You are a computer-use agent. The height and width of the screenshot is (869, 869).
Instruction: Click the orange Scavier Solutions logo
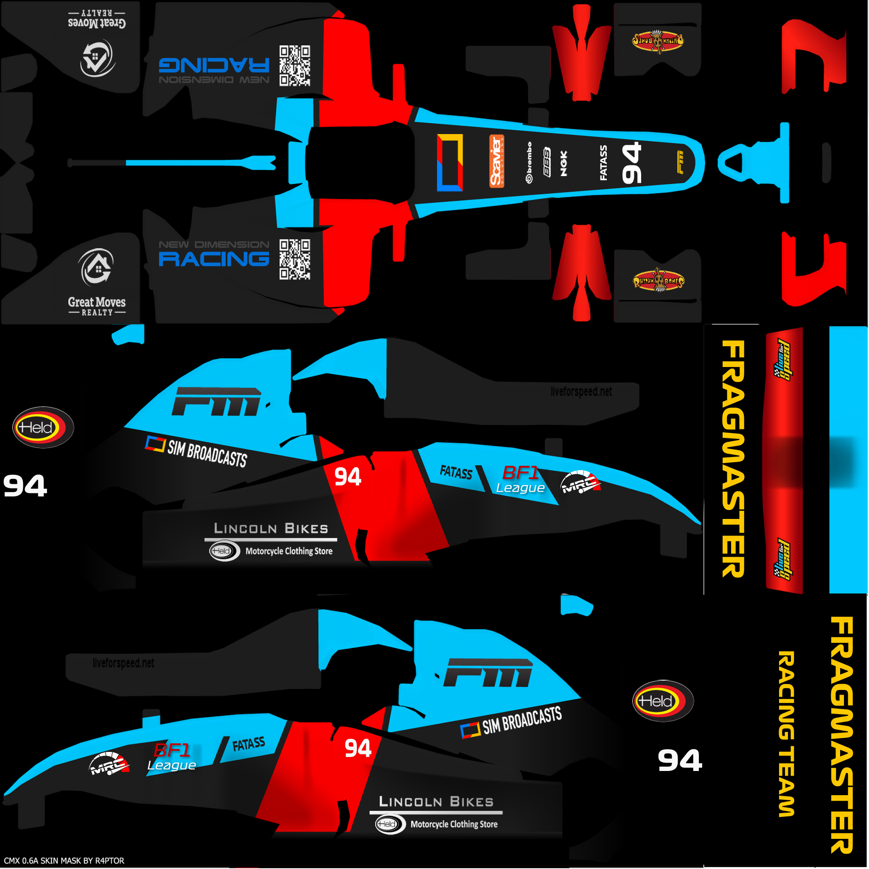pos(496,161)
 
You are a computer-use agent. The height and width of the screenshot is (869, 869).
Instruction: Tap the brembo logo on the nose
pos(530,163)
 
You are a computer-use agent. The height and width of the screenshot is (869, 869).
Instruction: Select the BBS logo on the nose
pos(547,162)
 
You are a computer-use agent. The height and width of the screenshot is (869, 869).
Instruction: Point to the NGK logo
pos(563,163)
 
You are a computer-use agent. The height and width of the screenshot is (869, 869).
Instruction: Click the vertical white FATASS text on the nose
pos(604,163)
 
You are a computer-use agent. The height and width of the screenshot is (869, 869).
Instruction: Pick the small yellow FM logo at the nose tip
pos(680,163)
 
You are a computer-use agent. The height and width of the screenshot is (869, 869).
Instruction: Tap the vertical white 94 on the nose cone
pos(631,163)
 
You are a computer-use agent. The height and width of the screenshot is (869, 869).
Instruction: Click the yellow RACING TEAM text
pos(786,734)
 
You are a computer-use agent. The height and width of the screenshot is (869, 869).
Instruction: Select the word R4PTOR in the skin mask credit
pos(109,861)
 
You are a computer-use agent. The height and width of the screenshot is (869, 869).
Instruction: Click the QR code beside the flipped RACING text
pos(294,66)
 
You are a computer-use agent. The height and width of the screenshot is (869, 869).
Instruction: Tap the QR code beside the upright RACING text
pos(294,260)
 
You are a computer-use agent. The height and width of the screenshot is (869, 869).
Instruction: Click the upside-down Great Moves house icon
pos(97,58)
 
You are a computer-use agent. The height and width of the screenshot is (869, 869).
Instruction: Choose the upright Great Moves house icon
pos(97,267)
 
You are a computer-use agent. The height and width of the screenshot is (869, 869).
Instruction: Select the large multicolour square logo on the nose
pos(450,163)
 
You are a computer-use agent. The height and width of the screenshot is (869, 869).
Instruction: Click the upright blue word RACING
pos(214,259)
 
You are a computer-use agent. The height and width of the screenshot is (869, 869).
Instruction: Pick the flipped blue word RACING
pos(214,65)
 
